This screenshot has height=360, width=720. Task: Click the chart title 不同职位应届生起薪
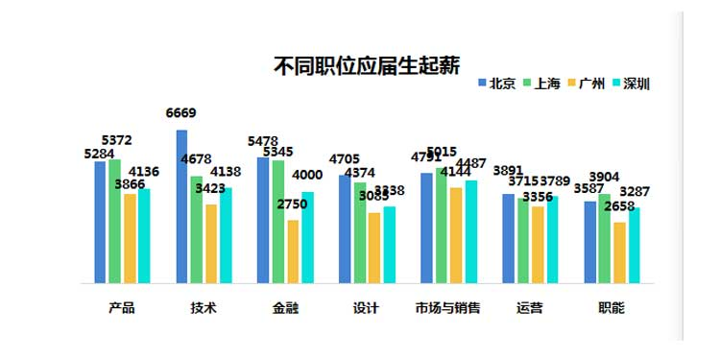pyautogui.click(x=367, y=65)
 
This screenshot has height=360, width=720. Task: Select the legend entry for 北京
pyautogui.click(x=495, y=84)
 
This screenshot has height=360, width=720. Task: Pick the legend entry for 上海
pyautogui.click(x=540, y=84)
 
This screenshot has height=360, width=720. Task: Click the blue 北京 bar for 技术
pyautogui.click(x=181, y=206)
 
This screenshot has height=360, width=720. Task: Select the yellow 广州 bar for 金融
pyautogui.click(x=292, y=252)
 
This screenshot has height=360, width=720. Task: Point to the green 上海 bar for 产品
pyautogui.click(x=114, y=222)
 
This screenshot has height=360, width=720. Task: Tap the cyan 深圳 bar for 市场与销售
pyautogui.click(x=470, y=231)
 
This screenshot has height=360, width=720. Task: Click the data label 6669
pyautogui.click(x=181, y=113)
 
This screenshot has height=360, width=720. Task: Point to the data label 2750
pyautogui.click(x=292, y=204)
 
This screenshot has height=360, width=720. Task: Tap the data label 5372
pyautogui.click(x=117, y=140)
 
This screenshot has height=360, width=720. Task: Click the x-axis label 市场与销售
pyautogui.click(x=447, y=308)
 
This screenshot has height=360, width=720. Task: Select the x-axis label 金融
pyautogui.click(x=284, y=308)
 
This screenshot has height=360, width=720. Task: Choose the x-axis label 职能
pyautogui.click(x=611, y=308)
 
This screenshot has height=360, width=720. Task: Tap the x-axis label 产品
pyautogui.click(x=121, y=308)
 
